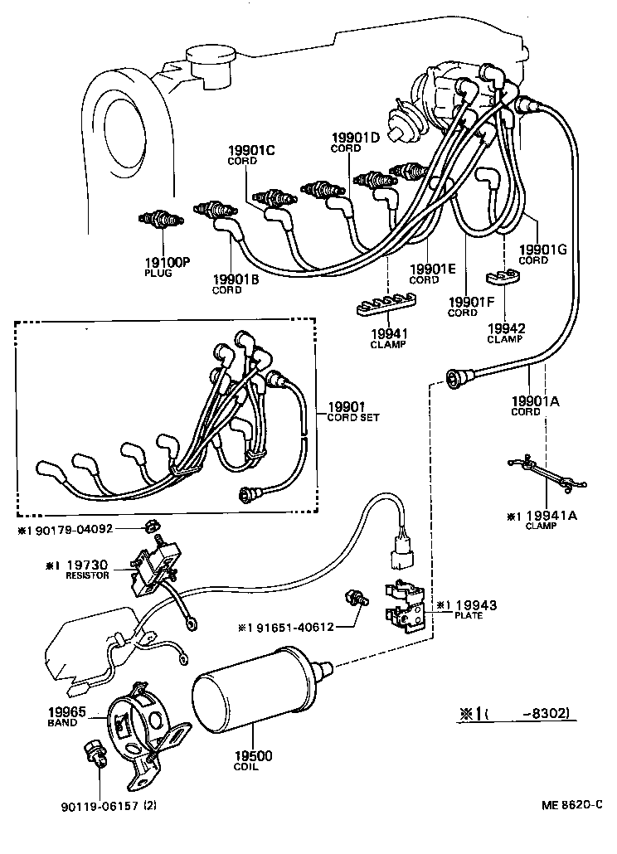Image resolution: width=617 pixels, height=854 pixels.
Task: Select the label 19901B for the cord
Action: tap(235, 279)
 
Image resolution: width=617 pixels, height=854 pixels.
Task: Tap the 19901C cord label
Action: tap(251, 150)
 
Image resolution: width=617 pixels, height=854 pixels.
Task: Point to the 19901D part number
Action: tap(355, 138)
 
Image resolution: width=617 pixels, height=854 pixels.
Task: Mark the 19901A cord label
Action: tap(536, 401)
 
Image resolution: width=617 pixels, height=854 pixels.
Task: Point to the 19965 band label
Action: tap(62, 711)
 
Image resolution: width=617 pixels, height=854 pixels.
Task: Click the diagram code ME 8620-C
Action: tap(571, 804)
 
